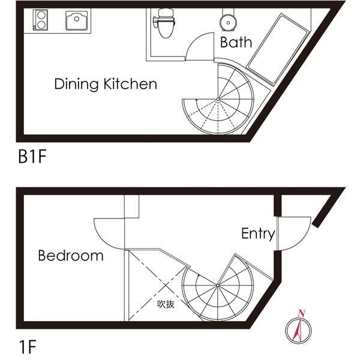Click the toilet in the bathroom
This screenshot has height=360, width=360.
click(164, 23)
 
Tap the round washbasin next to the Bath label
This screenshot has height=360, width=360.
click(228, 23)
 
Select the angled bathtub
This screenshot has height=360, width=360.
click(277, 49)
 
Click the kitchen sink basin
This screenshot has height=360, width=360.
click(77, 20)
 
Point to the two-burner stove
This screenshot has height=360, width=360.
click(40, 20)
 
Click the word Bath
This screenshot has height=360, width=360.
click(236, 42)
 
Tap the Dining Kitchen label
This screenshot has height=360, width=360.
click(106, 84)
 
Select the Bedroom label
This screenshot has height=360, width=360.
click(71, 256)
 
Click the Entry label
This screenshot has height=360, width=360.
click(258, 234)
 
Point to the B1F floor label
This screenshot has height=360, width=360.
click(32, 157)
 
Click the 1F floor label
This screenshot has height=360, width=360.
click(28, 347)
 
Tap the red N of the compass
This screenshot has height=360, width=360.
click(301, 313)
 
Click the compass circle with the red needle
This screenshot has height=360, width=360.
click(298, 331)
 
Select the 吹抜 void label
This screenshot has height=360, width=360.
click(166, 304)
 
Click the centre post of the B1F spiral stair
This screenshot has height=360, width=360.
click(218, 99)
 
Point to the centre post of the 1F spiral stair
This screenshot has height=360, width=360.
click(217, 286)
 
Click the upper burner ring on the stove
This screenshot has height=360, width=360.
click(41, 15)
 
